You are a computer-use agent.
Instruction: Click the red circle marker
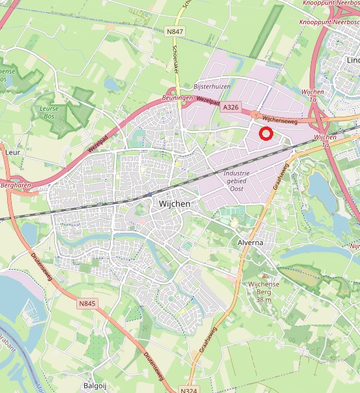click(x=265, y=134)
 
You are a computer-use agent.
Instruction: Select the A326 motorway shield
click(x=231, y=107)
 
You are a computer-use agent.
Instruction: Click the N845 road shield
click(x=87, y=303)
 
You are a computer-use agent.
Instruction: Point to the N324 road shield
click(x=188, y=389)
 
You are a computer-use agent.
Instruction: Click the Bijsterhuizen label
click(x=213, y=86)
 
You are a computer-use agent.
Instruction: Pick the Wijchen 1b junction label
click(x=325, y=141)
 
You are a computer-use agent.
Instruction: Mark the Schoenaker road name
click(x=175, y=57)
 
